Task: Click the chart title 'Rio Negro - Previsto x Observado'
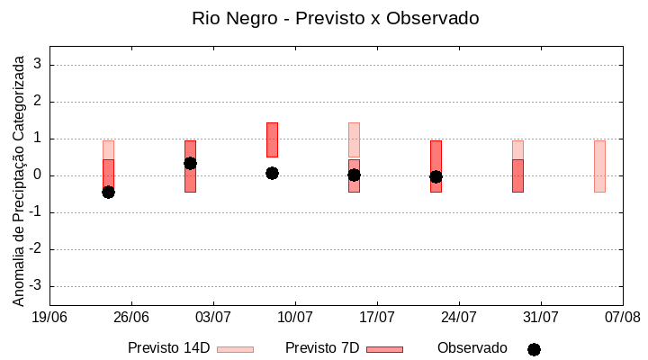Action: (335, 18)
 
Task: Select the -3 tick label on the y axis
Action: (36, 286)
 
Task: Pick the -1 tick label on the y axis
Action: (36, 212)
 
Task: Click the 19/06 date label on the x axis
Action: (49, 317)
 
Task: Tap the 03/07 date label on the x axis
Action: (213, 317)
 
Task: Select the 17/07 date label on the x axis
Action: (377, 317)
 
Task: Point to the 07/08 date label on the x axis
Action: (623, 317)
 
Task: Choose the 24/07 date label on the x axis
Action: (459, 317)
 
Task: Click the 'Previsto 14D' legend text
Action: (168, 348)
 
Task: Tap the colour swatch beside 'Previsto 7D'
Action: (384, 349)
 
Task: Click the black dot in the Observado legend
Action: (534, 349)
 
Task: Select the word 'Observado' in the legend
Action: (472, 348)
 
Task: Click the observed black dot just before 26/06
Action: (108, 192)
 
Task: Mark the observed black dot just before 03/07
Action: (190, 163)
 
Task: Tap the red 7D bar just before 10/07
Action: (272, 139)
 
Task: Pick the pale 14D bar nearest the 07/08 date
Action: (599, 166)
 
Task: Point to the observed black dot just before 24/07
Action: (436, 176)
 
